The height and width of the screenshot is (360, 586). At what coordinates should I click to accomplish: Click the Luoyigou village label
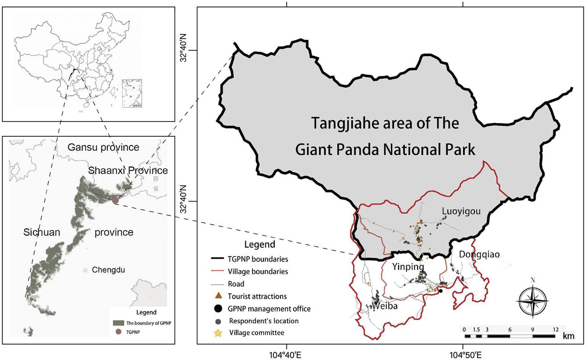461,211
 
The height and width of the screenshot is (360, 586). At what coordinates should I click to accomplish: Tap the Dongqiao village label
479,254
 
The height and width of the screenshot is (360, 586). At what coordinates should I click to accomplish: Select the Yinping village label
408,266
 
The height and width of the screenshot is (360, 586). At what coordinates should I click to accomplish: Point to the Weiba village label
385,306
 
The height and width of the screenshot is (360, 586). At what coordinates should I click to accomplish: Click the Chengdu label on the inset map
108,270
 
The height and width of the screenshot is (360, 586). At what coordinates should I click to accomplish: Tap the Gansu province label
103,147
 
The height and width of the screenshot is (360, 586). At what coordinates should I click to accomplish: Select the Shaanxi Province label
128,170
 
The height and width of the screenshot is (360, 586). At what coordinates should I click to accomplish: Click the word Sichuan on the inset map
42,232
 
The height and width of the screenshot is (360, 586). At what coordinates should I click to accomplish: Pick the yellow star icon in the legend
218,333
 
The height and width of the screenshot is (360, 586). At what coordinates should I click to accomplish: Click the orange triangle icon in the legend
218,296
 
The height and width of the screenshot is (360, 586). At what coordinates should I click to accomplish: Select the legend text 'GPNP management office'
269,309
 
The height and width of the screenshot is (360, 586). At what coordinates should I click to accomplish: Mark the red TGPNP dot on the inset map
115,200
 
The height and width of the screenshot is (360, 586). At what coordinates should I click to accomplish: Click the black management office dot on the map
441,291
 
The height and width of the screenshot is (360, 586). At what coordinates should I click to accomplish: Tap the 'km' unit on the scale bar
568,336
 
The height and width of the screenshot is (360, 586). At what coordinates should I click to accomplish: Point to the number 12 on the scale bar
555,329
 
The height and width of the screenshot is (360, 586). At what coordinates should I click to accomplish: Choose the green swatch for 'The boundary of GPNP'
118,323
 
